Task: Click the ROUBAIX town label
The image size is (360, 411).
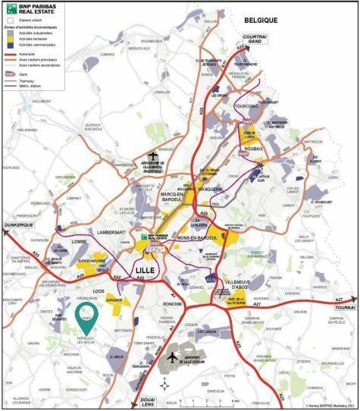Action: click(x=253, y=149)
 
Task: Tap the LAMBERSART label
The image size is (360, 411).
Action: click(x=105, y=231)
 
